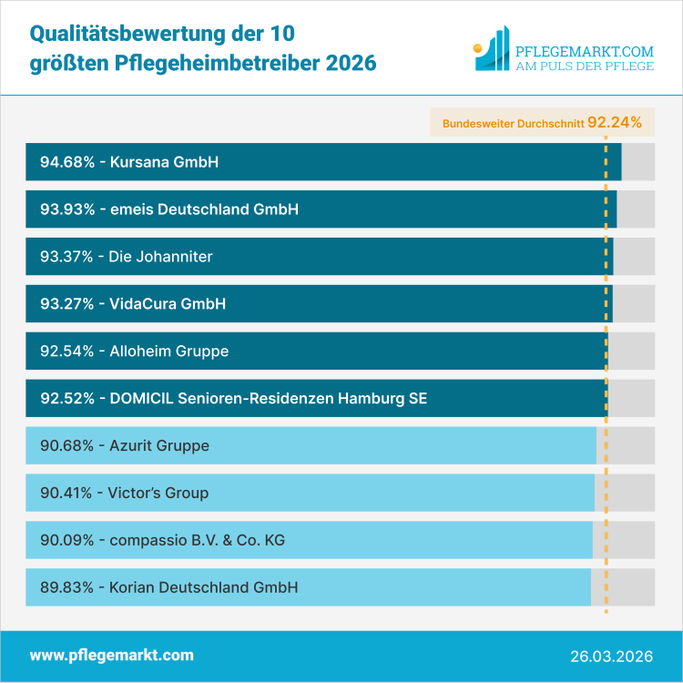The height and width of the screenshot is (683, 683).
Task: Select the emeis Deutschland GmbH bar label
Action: pos(205,209)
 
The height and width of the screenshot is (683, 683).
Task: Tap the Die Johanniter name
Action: pos(160,257)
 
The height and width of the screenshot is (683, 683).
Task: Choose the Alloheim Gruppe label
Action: pos(168,352)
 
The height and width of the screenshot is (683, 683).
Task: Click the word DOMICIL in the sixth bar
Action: pos(144,399)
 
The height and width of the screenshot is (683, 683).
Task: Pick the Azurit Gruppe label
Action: pos(159,446)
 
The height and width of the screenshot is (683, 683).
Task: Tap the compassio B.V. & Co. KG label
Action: pos(197,541)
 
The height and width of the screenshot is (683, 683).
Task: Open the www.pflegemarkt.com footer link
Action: pos(112,656)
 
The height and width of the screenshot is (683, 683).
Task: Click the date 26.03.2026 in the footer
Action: pos(610,656)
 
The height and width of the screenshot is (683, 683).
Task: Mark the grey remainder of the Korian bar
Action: pos(623,588)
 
